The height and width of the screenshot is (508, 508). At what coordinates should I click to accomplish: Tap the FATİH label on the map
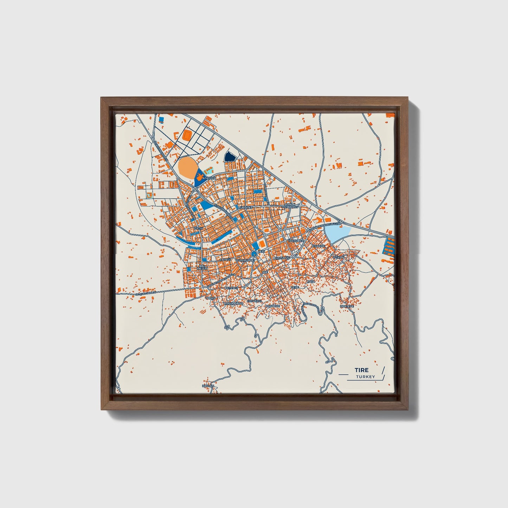(199, 228)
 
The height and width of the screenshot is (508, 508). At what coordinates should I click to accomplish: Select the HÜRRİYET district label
(245, 208)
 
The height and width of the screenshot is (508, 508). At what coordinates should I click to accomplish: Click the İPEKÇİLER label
(296, 241)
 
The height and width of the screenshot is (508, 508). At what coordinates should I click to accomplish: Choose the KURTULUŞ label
(281, 258)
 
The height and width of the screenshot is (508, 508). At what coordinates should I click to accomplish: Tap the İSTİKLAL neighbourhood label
(340, 258)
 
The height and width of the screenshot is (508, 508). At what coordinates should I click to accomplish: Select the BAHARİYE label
(272, 306)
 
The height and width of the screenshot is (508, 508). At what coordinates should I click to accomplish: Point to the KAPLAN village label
(208, 386)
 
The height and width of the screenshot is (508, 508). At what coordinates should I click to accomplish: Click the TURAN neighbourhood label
(210, 298)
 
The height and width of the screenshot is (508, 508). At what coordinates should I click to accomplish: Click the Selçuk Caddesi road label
(146, 292)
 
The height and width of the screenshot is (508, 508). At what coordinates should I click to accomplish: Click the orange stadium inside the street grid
(187, 135)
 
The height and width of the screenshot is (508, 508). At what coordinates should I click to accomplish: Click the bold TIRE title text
(361, 370)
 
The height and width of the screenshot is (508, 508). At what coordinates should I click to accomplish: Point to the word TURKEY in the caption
(365, 377)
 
